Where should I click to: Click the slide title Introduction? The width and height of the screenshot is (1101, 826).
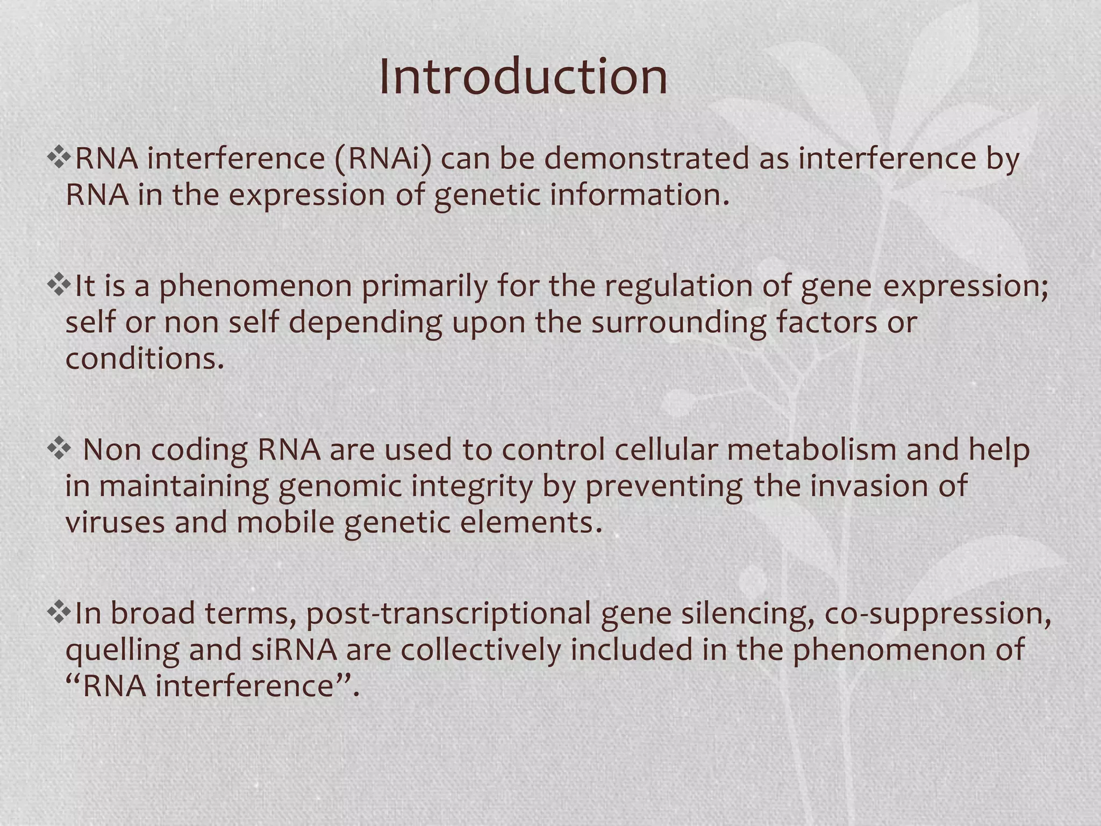523,77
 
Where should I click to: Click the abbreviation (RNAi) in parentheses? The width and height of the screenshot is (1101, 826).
383,159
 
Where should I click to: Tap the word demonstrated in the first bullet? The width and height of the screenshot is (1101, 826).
646,159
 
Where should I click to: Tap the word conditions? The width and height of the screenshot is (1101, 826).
144,359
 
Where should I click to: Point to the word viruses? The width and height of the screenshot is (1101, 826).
115,522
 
